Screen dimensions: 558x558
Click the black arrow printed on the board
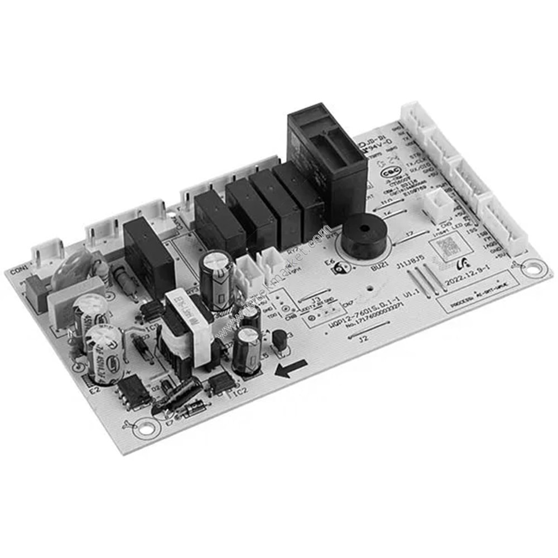291,368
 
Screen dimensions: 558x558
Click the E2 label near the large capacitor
95,390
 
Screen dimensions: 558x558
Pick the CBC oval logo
389,174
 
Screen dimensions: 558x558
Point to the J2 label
364,339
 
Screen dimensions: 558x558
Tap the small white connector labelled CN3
438,205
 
